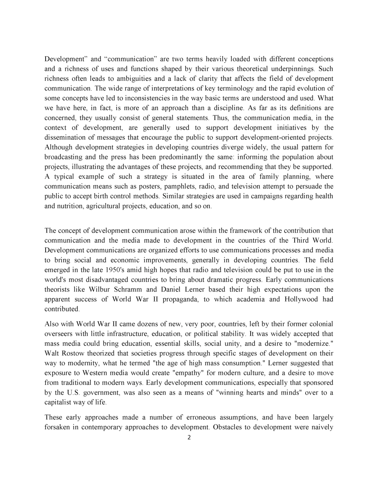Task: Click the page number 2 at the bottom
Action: (189, 438)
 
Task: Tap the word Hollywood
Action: (301, 299)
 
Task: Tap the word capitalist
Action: (61, 402)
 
